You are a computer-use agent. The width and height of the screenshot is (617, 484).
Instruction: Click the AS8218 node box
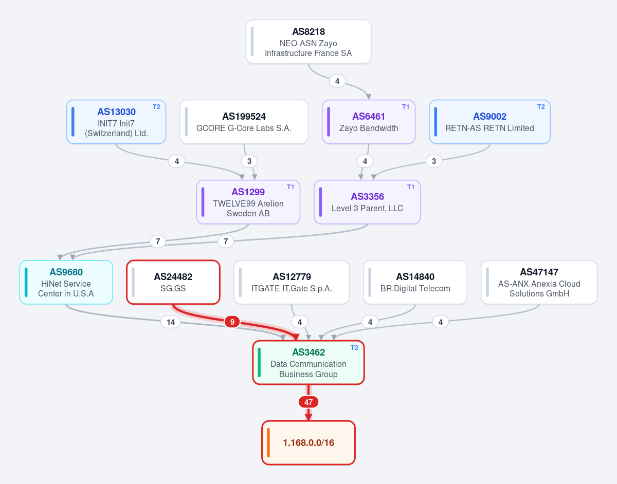308,42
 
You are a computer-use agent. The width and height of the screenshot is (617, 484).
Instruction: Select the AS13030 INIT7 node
116,122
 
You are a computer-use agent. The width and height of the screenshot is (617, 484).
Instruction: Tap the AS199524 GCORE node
244,122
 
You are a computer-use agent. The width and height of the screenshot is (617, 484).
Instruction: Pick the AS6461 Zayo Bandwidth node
369,122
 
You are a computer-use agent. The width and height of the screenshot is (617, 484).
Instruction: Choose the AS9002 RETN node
490,122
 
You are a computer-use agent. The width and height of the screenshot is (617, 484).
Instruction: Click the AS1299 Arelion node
248,202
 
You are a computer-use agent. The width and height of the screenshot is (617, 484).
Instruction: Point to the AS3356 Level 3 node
367,202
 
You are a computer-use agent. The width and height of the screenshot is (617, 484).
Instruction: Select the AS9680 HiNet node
66,282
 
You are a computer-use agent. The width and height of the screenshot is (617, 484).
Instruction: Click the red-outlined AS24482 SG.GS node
173,282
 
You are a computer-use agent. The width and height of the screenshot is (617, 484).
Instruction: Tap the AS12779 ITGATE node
292,282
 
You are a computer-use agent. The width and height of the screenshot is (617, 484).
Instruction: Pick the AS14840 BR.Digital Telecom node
415,282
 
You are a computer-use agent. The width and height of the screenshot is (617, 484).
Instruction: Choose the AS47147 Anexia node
539,282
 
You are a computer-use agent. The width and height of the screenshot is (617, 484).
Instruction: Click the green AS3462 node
308,363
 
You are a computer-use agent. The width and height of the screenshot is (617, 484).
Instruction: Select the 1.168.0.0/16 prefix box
308,443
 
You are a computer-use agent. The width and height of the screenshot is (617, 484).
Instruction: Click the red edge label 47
308,402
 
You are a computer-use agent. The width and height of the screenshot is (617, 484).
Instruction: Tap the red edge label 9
232,322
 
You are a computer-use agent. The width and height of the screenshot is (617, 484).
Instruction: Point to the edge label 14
171,322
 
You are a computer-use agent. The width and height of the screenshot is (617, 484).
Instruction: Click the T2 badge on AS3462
354,348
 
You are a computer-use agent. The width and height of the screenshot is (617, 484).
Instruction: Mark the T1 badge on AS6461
406,107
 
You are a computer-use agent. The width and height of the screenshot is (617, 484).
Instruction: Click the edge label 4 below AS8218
337,81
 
